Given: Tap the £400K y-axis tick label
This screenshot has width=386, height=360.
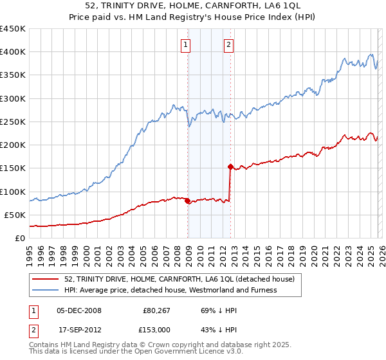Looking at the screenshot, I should point(12,52).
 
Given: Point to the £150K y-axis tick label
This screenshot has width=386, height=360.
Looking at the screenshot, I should point(12,168).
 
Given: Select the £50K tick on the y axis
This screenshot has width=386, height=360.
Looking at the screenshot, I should point(15,215).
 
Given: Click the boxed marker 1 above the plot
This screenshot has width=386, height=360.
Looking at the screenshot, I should point(185,45).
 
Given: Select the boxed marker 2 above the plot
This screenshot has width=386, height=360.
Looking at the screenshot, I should point(228,45).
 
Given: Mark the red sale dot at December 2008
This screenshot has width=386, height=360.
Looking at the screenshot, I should point(187,201).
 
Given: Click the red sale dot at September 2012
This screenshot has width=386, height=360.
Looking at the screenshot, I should point(230,166).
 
